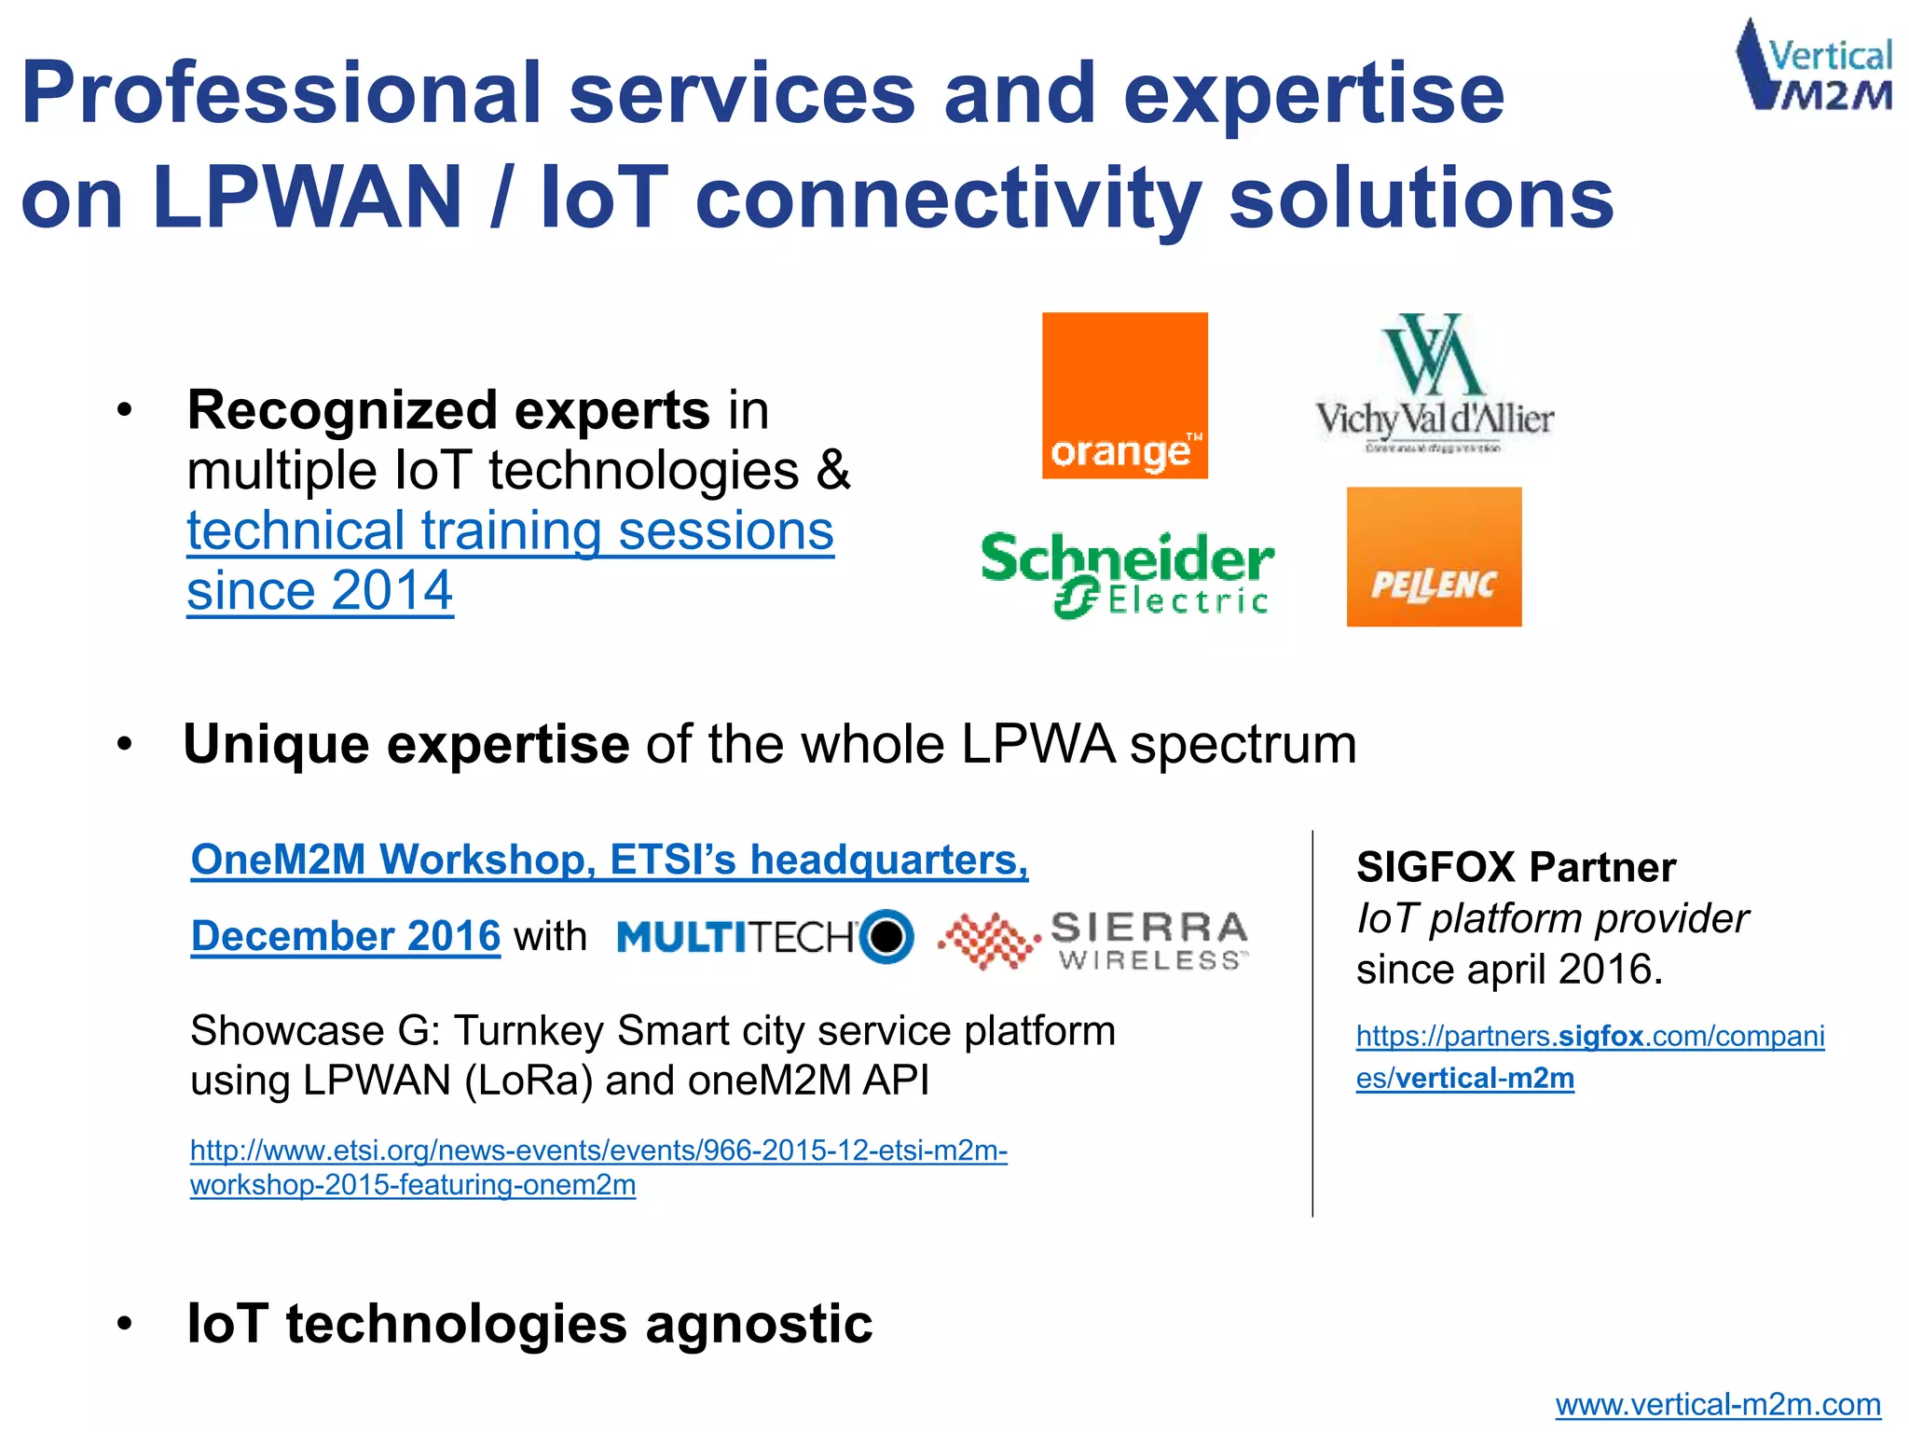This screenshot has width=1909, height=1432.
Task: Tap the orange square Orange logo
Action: pyautogui.click(x=1124, y=395)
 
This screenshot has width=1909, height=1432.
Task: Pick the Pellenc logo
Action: pyautogui.click(x=1434, y=557)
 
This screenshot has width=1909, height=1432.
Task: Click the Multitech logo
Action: pyautogui.click(x=764, y=936)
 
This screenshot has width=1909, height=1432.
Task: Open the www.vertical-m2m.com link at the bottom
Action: pyautogui.click(x=1717, y=1404)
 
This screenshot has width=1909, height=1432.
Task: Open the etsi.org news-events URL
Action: pyautogui.click(x=598, y=1167)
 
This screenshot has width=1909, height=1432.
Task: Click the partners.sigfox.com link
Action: pyautogui.click(x=1589, y=1056)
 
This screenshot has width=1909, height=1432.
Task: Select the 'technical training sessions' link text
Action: pyautogui.click(x=510, y=531)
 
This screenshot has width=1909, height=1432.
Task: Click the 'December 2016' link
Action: pyautogui.click(x=346, y=936)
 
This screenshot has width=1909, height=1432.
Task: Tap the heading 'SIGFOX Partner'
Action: pyautogui.click(x=1516, y=867)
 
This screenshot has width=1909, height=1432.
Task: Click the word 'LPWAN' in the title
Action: pyautogui.click(x=308, y=198)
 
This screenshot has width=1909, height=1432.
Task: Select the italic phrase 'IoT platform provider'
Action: pyautogui.click(x=1552, y=918)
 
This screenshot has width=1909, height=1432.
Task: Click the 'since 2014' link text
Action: pyautogui.click(x=320, y=591)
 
